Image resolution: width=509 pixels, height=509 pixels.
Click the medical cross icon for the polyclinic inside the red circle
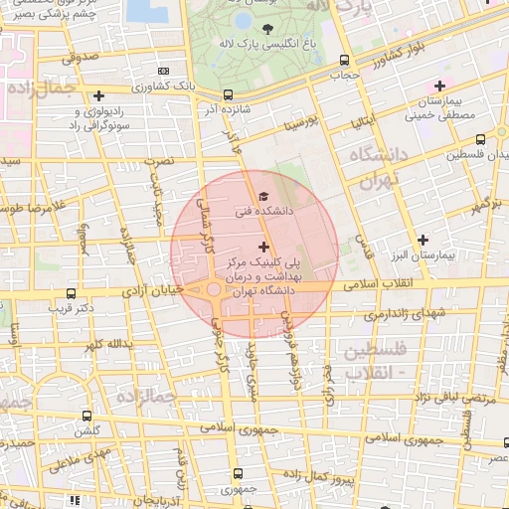point(263,246)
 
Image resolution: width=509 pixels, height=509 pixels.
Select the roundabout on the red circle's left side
point(215,290)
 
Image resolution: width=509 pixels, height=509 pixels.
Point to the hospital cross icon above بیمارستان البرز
point(424,240)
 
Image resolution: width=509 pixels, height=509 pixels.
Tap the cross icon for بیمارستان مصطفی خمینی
point(439,86)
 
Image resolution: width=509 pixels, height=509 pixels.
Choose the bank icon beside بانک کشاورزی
point(163,71)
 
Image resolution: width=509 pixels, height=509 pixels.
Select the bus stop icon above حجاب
point(344,60)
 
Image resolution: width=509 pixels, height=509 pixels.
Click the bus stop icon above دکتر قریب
point(71,294)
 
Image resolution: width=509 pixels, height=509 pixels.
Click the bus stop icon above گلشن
point(87,416)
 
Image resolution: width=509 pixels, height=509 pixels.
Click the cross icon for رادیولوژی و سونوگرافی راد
point(97,96)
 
